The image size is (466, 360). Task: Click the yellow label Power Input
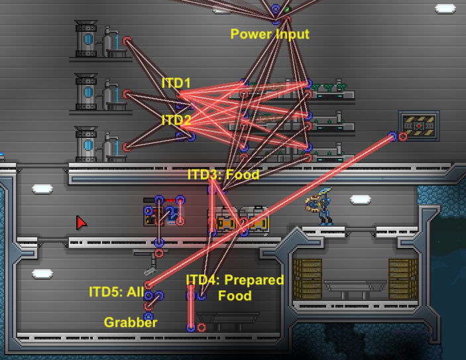[x=270, y=34]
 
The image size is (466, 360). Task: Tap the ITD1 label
[x=176, y=83]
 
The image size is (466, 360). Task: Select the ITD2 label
[x=176, y=120]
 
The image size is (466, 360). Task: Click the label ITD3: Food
[x=223, y=174]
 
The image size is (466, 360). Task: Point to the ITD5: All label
[x=117, y=292]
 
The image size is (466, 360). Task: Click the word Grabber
[x=131, y=323]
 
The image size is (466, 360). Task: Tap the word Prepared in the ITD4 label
[x=254, y=280]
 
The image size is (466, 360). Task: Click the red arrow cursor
[x=81, y=223]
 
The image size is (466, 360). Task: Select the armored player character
[x=320, y=206]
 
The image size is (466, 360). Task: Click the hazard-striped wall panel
[x=419, y=126]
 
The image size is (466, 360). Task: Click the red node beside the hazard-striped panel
[x=403, y=137]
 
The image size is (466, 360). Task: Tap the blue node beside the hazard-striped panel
[x=392, y=137]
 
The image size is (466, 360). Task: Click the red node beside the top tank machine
[x=127, y=41]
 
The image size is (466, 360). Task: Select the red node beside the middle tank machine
[x=127, y=94]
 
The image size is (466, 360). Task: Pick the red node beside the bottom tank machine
[x=127, y=147]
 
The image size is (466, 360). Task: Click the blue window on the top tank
[x=88, y=39]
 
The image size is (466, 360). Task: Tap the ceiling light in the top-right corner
[x=445, y=9]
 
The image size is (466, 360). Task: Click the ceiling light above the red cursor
[x=42, y=189]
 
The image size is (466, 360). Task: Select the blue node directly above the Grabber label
[x=148, y=316]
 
